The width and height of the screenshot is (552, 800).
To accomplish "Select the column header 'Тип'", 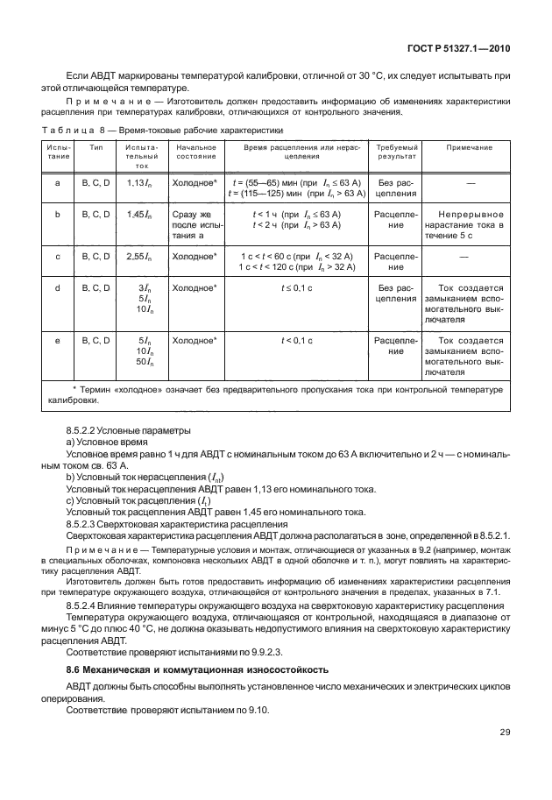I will [96, 149].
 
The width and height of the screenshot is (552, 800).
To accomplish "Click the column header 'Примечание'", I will [469, 149].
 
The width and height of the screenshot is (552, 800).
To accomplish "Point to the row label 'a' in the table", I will [57, 182].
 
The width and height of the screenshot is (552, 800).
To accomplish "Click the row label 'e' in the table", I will [57, 341].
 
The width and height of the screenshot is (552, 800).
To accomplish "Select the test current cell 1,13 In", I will [140, 182].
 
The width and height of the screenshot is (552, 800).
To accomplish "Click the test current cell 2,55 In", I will [140, 256].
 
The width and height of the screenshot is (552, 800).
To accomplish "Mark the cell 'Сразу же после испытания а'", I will [195, 224].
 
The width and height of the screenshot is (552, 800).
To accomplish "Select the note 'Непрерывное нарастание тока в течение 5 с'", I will [469, 224].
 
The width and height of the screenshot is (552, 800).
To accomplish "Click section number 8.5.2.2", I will [86, 432].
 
